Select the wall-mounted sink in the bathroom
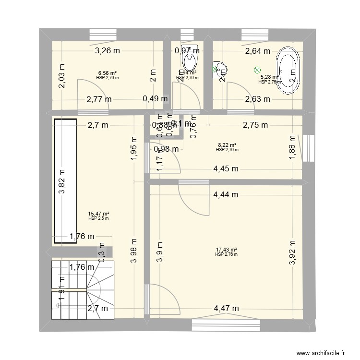pyautogui.click(x=219, y=70)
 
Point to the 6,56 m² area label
pyautogui.click(x=107, y=73)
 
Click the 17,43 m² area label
pyautogui.click(x=227, y=250)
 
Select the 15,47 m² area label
pyautogui.click(x=98, y=214)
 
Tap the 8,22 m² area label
pyautogui.click(x=227, y=145)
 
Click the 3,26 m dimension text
pyautogui.click(x=108, y=50)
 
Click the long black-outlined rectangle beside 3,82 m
pyautogui.click(x=65, y=181)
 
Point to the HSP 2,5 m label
pyautogui.click(x=98, y=218)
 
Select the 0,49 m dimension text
pyautogui.click(x=156, y=99)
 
